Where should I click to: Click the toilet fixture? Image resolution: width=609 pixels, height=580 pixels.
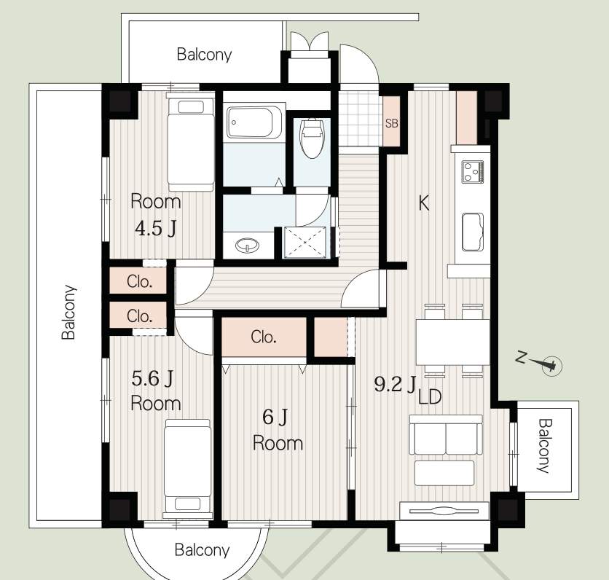tap(312, 138)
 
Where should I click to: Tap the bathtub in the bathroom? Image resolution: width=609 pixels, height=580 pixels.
tap(254, 122)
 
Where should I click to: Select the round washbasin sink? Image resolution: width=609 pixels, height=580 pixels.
tap(248, 246)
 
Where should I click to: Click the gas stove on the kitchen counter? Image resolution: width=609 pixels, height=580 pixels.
tap(473, 172)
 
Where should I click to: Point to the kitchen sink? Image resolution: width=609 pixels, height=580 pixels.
tap(473, 232)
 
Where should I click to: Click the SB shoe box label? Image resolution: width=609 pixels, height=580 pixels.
tap(391, 123)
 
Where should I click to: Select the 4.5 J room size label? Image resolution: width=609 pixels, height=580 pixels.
tap(155, 229)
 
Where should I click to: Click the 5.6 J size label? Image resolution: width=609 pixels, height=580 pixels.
tap(152, 378)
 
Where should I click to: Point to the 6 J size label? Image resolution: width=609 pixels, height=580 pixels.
tap(275, 418)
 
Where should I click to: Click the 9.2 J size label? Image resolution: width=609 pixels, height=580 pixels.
tap(395, 385)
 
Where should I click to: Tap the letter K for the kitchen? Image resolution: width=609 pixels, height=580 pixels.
tap(424, 203)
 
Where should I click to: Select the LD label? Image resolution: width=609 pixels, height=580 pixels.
tap(430, 397)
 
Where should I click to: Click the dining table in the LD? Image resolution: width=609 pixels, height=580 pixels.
tap(453, 342)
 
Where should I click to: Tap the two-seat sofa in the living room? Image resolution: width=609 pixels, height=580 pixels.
tap(446, 435)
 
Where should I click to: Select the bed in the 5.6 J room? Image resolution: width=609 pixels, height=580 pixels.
tap(188, 468)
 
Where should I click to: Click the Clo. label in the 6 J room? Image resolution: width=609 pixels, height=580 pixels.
tap(263, 337)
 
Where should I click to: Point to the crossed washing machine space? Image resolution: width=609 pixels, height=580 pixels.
tap(305, 243)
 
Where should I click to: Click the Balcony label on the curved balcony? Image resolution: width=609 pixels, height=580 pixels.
tap(202, 550)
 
